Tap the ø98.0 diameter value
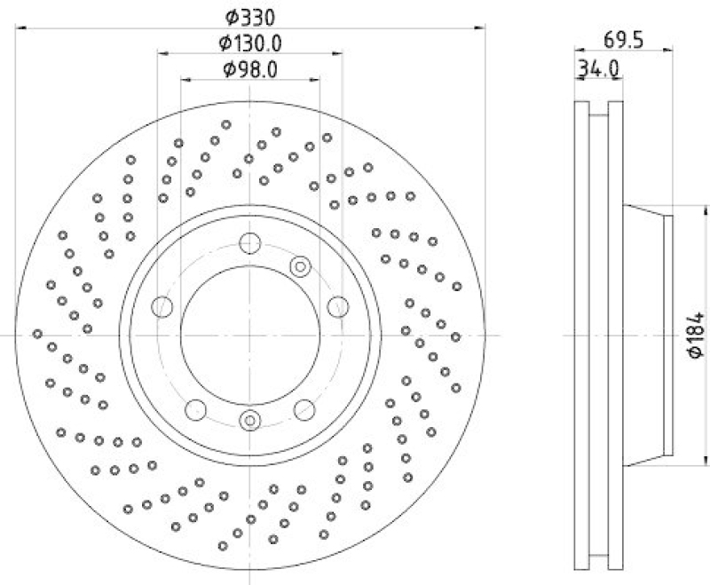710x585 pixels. pos(251,68)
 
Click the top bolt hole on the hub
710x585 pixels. pos(250,242)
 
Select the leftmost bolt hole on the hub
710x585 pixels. pos(162,307)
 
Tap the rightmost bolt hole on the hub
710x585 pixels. pos(337,306)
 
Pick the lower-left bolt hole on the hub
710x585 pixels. pos(196,409)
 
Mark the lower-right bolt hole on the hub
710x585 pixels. pos(304,409)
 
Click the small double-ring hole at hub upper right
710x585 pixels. pos(300,264)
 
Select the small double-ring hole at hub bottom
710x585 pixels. pos(250,421)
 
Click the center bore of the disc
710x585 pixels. pos(250,334)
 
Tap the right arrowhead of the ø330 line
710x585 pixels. pos(483,28)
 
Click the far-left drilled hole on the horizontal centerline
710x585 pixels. pos(38,334)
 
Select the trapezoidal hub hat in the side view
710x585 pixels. pos(645,334)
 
